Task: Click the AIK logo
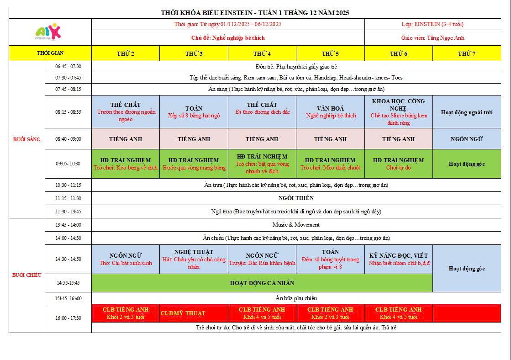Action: (48, 32)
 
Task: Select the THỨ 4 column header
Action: (262, 53)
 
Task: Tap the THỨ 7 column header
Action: (467, 53)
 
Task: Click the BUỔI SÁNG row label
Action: (27, 139)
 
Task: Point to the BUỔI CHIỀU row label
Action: (27, 275)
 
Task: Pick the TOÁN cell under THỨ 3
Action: (194, 112)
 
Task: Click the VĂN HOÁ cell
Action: (331, 112)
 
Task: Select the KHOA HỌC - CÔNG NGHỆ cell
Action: (399, 112)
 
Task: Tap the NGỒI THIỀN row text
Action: (296, 198)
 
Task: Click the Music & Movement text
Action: (296, 225)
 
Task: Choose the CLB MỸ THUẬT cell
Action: (183, 313)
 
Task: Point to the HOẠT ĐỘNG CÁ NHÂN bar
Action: (262, 283)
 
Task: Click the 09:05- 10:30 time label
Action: (68, 164)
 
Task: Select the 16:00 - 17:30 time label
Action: (68, 318)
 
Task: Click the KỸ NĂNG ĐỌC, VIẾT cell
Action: (399, 259)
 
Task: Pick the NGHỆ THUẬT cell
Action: (194, 259)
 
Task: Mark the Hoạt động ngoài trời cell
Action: (467, 112)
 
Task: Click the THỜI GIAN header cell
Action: (50, 53)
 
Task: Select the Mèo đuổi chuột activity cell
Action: (331, 164)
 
